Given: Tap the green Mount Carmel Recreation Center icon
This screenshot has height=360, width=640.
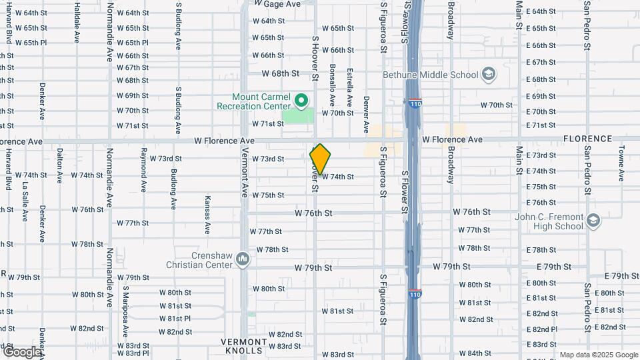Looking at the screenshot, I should (301, 101).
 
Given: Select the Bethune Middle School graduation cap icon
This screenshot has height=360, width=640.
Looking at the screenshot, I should (489, 74).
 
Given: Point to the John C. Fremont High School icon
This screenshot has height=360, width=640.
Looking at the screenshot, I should (594, 219).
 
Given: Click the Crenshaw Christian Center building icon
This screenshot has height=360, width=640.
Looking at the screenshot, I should (243, 259).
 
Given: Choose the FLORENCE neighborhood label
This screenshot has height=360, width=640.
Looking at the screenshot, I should (587, 139).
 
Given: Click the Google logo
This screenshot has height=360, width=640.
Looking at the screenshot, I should (21, 351).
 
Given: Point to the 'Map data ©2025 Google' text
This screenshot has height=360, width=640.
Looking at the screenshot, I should (599, 355).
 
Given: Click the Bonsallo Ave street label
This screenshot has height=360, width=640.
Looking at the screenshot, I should (332, 85).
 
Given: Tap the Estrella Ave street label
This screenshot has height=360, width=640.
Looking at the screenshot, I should (349, 87).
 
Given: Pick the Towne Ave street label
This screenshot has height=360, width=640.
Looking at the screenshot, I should (621, 163).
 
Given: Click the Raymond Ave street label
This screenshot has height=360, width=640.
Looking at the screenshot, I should (143, 167).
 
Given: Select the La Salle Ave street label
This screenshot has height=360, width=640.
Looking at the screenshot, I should (25, 201).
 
